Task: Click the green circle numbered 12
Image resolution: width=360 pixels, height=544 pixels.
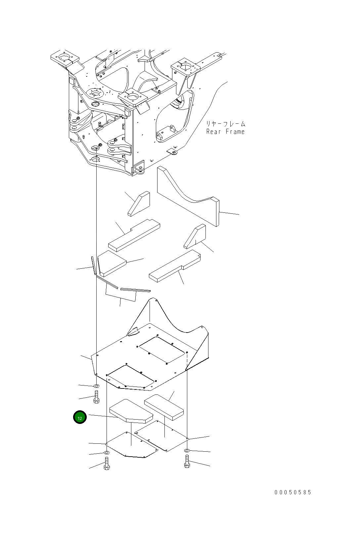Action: click(x=80, y=417)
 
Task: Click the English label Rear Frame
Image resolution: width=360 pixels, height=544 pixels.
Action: click(x=225, y=132)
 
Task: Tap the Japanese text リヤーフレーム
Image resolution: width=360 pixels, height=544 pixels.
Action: click(x=226, y=124)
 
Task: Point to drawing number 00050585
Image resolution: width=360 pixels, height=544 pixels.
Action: click(x=293, y=492)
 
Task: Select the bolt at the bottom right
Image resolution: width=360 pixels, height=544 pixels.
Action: click(x=187, y=462)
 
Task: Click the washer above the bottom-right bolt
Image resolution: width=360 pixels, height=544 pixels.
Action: click(x=187, y=451)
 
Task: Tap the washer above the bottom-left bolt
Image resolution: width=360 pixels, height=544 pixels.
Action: click(x=107, y=452)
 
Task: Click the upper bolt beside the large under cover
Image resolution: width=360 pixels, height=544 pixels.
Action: click(x=96, y=397)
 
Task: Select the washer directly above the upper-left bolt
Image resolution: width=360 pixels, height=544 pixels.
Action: click(x=96, y=386)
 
